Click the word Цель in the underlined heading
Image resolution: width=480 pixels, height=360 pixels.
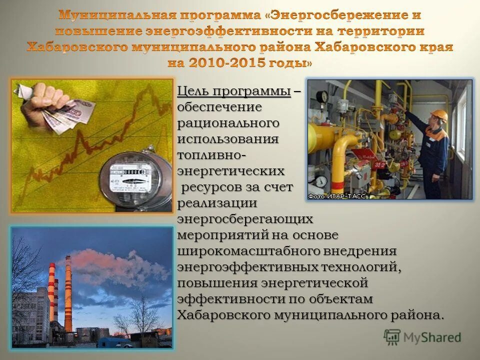191,92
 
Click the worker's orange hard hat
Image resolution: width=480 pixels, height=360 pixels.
438,115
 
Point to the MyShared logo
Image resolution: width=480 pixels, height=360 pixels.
422,337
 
